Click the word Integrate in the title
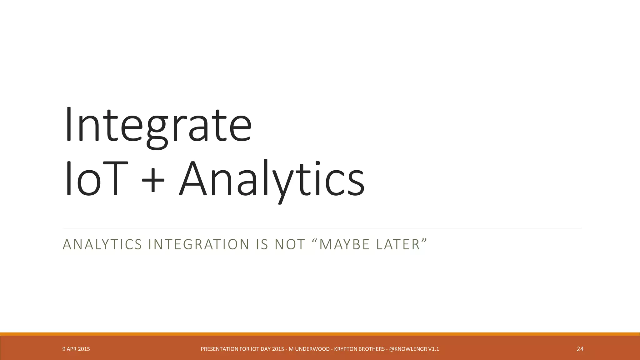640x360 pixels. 158,125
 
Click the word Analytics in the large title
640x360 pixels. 271,178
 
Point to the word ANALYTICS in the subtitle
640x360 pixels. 102,244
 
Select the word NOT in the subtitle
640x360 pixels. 289,244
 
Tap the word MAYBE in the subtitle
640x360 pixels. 344,244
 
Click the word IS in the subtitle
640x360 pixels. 262,244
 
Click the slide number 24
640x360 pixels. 580,349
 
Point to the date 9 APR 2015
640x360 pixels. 76,349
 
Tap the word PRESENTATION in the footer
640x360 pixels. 221,349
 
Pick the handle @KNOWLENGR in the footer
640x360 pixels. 408,349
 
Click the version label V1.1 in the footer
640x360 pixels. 434,349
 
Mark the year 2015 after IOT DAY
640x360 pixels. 278,349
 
